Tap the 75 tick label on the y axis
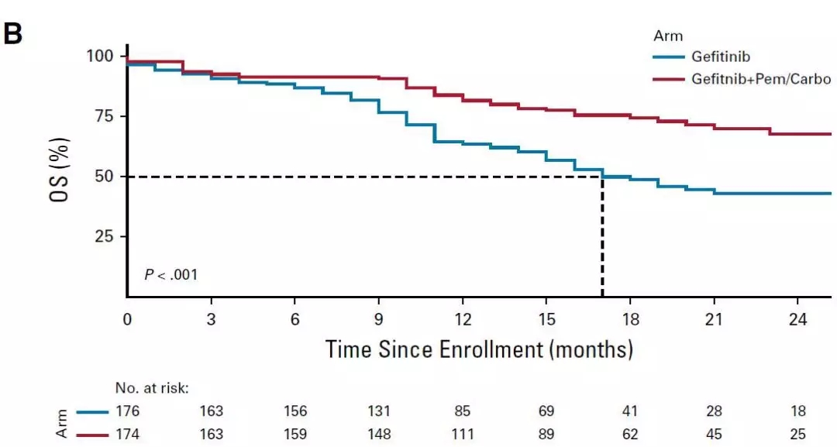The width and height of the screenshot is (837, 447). pos(103,116)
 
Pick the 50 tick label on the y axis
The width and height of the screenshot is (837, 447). pos(103,177)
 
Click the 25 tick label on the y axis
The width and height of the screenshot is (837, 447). pos(103,236)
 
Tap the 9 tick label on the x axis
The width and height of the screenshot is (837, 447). pos(378,319)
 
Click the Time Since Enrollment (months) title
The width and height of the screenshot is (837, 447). pos(479,349)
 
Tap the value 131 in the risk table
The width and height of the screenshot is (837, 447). pos(378,411)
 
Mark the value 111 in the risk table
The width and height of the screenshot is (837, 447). pos(462,434)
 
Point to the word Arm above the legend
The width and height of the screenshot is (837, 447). pos(666,35)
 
